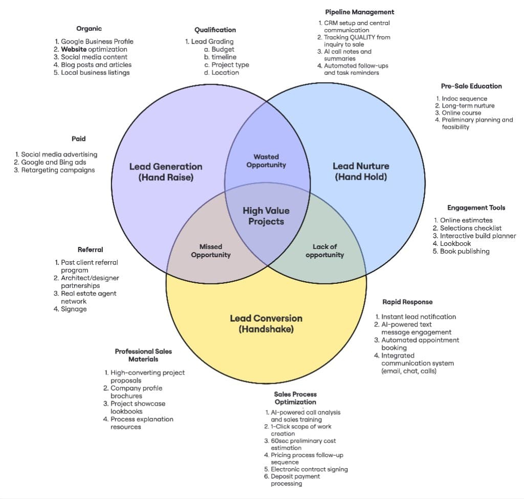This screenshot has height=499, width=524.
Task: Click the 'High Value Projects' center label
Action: coord(266,216)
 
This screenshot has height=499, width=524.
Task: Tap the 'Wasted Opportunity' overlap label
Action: coord(266,161)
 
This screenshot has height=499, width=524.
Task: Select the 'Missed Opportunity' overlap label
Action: coord(211,251)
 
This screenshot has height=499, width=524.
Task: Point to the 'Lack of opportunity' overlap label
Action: coord(324,251)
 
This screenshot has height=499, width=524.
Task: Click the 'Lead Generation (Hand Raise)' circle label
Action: coord(165,172)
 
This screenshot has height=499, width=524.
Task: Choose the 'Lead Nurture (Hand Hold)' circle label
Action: coord(361,171)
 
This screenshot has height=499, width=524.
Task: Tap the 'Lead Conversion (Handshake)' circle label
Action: coord(266,323)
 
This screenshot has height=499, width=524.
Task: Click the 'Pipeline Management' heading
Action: coord(360,12)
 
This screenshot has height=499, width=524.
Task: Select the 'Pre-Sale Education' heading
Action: coord(471,86)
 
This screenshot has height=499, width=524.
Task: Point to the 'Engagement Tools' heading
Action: coord(476,207)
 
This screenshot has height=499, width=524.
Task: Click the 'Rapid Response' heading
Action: coord(407,302)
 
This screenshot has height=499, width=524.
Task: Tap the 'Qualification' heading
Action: coord(215,30)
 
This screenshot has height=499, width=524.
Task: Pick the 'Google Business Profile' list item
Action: coord(97,41)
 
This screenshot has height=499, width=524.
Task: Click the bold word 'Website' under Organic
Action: coord(74,49)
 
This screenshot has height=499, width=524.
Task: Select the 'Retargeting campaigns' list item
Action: coord(58,170)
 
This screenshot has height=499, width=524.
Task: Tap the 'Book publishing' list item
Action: coord(465,251)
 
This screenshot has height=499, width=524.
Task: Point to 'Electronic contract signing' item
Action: coord(309,469)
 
